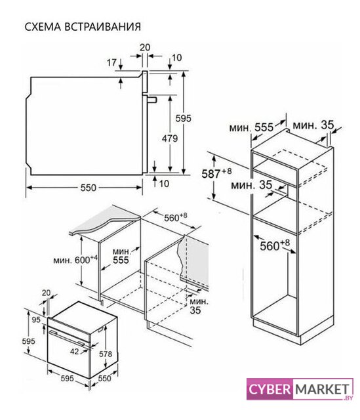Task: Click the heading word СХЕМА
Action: tap(43, 27)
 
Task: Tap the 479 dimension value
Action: tap(170, 138)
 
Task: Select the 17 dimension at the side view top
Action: tap(111, 63)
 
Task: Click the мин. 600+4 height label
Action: tap(75, 259)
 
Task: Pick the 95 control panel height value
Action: tap(36, 320)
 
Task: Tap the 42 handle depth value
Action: tap(74, 351)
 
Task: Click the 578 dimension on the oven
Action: tap(106, 354)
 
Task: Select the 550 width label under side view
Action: tap(88, 188)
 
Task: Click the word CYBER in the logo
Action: tap(270, 389)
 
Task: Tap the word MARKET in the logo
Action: tap(322, 389)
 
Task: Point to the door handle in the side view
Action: tap(151, 100)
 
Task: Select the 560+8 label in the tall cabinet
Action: tap(275, 245)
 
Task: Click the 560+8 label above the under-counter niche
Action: tap(175, 217)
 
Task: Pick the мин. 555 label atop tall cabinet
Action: tap(251, 127)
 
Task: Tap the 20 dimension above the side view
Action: tap(145, 47)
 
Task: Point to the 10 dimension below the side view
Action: tap(164, 184)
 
